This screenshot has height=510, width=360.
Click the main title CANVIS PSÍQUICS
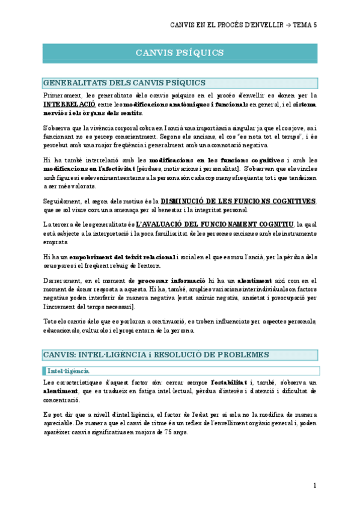[180, 53]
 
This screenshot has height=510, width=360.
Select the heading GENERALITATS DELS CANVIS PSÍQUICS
[124, 82]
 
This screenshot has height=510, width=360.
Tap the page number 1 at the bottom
[315, 485]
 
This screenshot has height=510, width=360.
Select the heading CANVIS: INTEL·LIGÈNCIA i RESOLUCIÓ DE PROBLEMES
[156, 355]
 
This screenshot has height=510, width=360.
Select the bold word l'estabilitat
[229, 382]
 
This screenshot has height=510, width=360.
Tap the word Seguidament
[64, 201]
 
